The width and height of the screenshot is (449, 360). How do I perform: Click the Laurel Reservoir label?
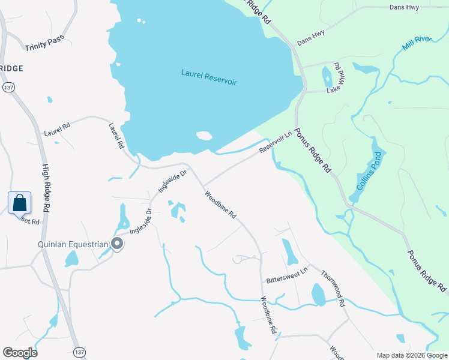pos(209,77)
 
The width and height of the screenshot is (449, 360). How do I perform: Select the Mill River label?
pos(417,43)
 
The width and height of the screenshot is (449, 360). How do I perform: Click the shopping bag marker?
pos(19,202)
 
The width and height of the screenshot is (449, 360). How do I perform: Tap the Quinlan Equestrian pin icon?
pos(117,244)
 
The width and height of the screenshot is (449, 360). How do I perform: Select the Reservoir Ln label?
pos(274,142)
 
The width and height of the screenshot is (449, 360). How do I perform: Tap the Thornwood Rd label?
pos(334,288)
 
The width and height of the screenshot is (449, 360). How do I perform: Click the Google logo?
pos(20,353)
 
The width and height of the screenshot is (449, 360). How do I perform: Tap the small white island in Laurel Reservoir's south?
pos(204,136)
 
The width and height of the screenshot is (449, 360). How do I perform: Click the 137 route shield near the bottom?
pos(79,350)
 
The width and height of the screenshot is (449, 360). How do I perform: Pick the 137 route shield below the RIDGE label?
pos(8,88)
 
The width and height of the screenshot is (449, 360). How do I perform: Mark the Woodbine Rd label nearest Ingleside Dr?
pos(220,205)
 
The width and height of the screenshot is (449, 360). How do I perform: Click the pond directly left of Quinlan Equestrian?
pos(72,259)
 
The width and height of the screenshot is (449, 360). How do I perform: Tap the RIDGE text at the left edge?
pos(11,68)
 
